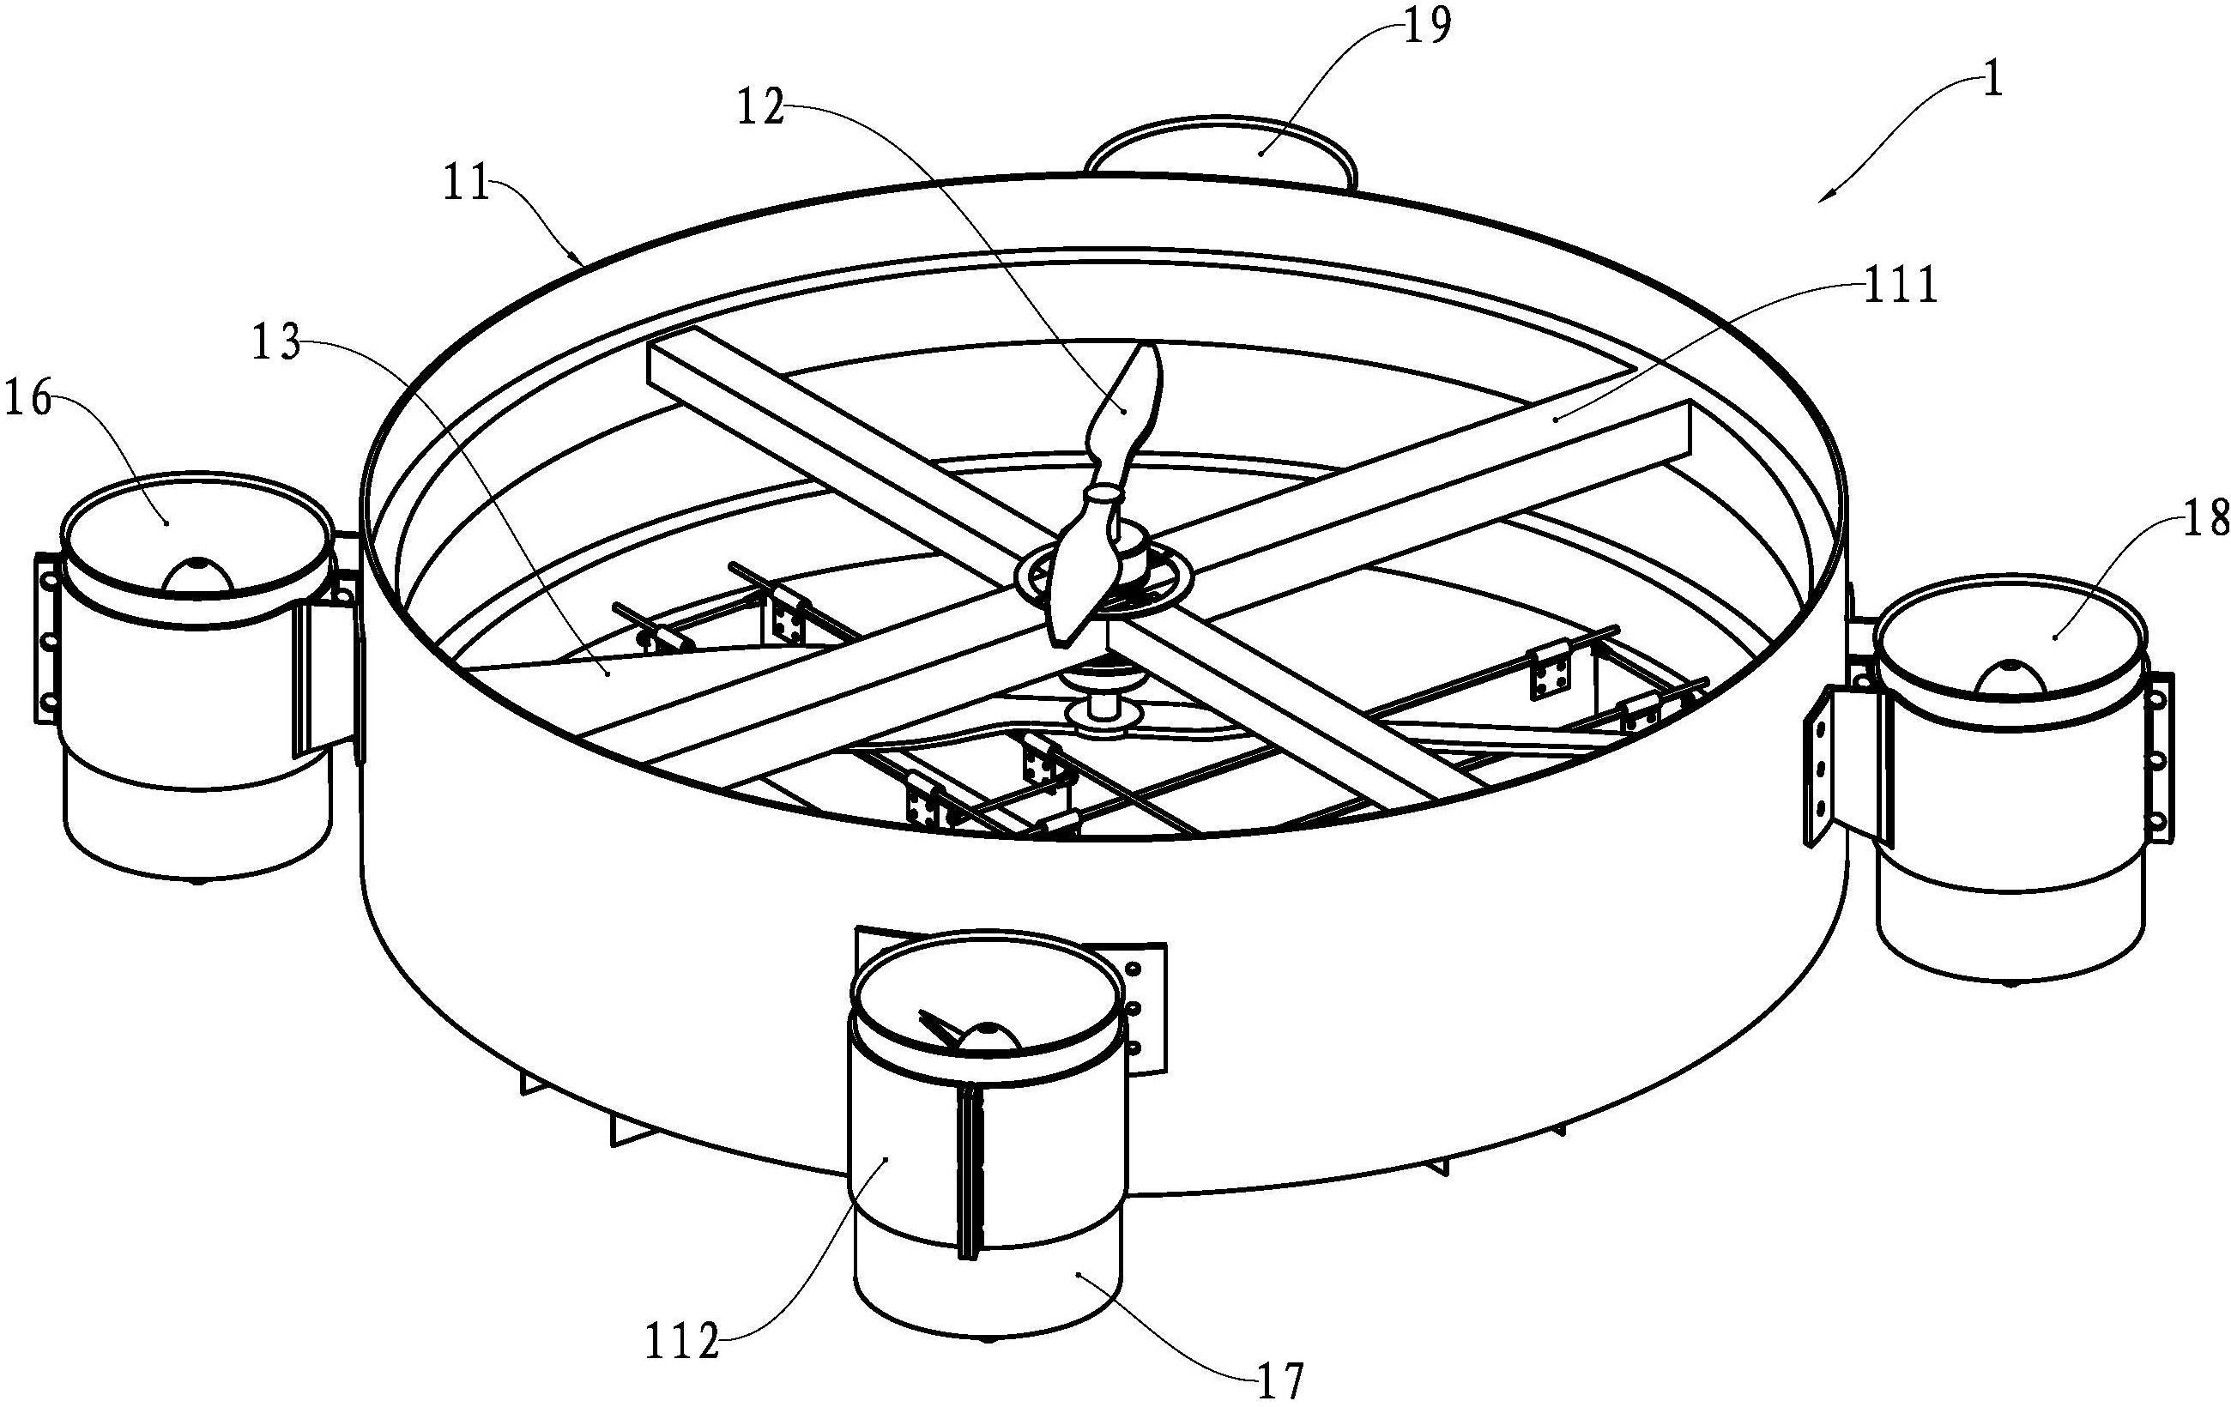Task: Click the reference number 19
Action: coord(1427,27)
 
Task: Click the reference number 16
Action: coord(31,403)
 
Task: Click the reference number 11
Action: coord(465,184)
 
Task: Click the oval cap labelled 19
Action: coord(1221,148)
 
